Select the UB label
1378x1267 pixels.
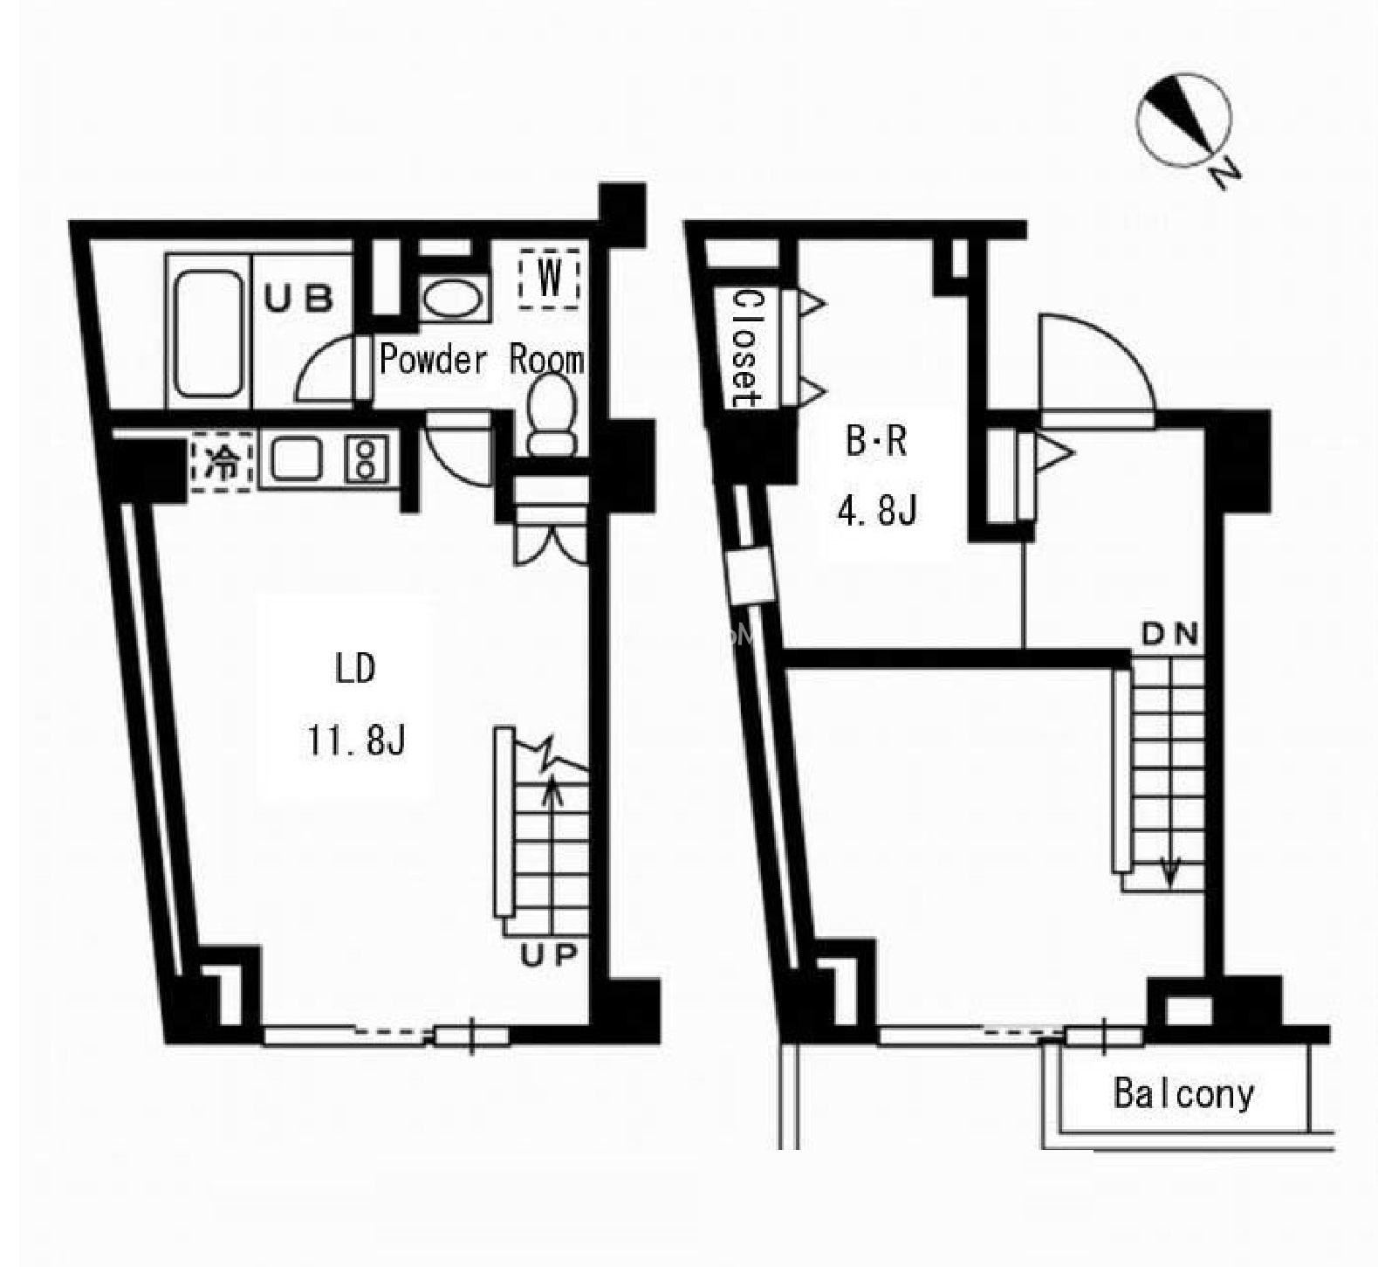(298, 299)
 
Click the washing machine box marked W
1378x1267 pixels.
(549, 279)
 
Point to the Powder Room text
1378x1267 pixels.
(482, 359)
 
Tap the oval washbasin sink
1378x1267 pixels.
(451, 300)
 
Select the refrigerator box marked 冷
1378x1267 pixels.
(222, 461)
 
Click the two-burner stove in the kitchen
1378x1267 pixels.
(366, 459)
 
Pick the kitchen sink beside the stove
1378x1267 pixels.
(296, 459)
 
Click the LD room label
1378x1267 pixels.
(355, 669)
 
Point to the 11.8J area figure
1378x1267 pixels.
(356, 741)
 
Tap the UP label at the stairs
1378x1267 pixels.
(549, 956)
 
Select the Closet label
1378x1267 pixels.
(747, 348)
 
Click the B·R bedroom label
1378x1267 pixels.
(877, 442)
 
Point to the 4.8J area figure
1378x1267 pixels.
(877, 511)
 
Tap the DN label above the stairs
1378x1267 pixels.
(1169, 636)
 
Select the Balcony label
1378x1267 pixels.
(1184, 1093)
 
